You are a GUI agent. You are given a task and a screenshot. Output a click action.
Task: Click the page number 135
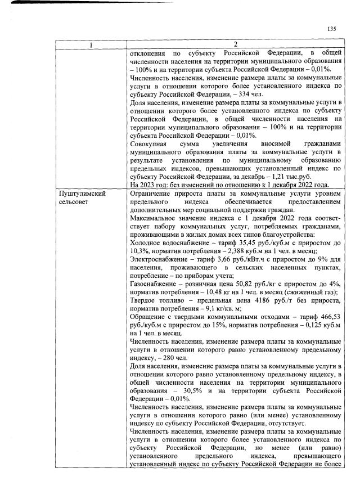[x=331, y=29]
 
